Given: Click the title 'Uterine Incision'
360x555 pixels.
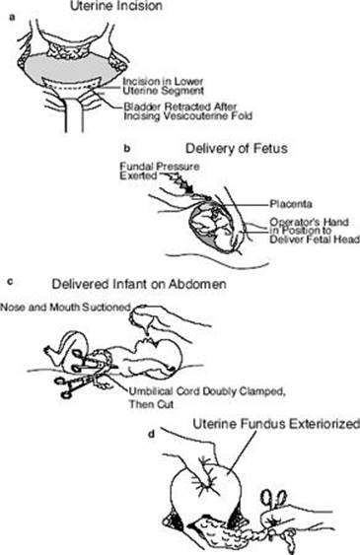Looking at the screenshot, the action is click(116, 6).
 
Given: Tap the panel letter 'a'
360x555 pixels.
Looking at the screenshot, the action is click(13, 18).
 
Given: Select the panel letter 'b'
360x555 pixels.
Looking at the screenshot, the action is click(127, 148).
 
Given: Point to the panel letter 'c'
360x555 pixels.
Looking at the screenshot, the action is click(10, 282).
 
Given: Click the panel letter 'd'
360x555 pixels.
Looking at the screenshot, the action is click(152, 434).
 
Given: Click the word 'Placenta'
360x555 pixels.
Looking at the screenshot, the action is click(291, 204).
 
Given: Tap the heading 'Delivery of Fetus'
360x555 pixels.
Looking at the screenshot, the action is click(237, 148).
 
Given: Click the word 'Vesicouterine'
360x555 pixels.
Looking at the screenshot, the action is click(194, 115).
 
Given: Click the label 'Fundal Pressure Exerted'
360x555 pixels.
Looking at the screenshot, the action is click(160, 171).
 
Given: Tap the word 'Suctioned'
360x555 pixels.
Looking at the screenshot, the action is click(106, 308).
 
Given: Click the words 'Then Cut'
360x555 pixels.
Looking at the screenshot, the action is click(151, 404).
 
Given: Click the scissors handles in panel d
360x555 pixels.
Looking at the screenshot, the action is click(273, 498).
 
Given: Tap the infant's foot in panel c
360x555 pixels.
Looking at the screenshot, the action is click(50, 353).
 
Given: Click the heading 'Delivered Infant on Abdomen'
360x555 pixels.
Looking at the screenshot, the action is click(139, 284).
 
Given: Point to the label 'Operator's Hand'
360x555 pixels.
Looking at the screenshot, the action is click(309, 222).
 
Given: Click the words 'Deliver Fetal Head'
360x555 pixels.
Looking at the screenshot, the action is click(315, 240).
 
